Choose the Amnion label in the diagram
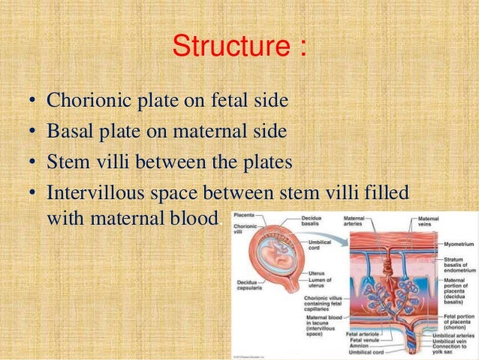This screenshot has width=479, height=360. pyautogui.click(x=358, y=345)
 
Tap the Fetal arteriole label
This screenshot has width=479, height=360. pyautogui.click(x=362, y=333)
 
